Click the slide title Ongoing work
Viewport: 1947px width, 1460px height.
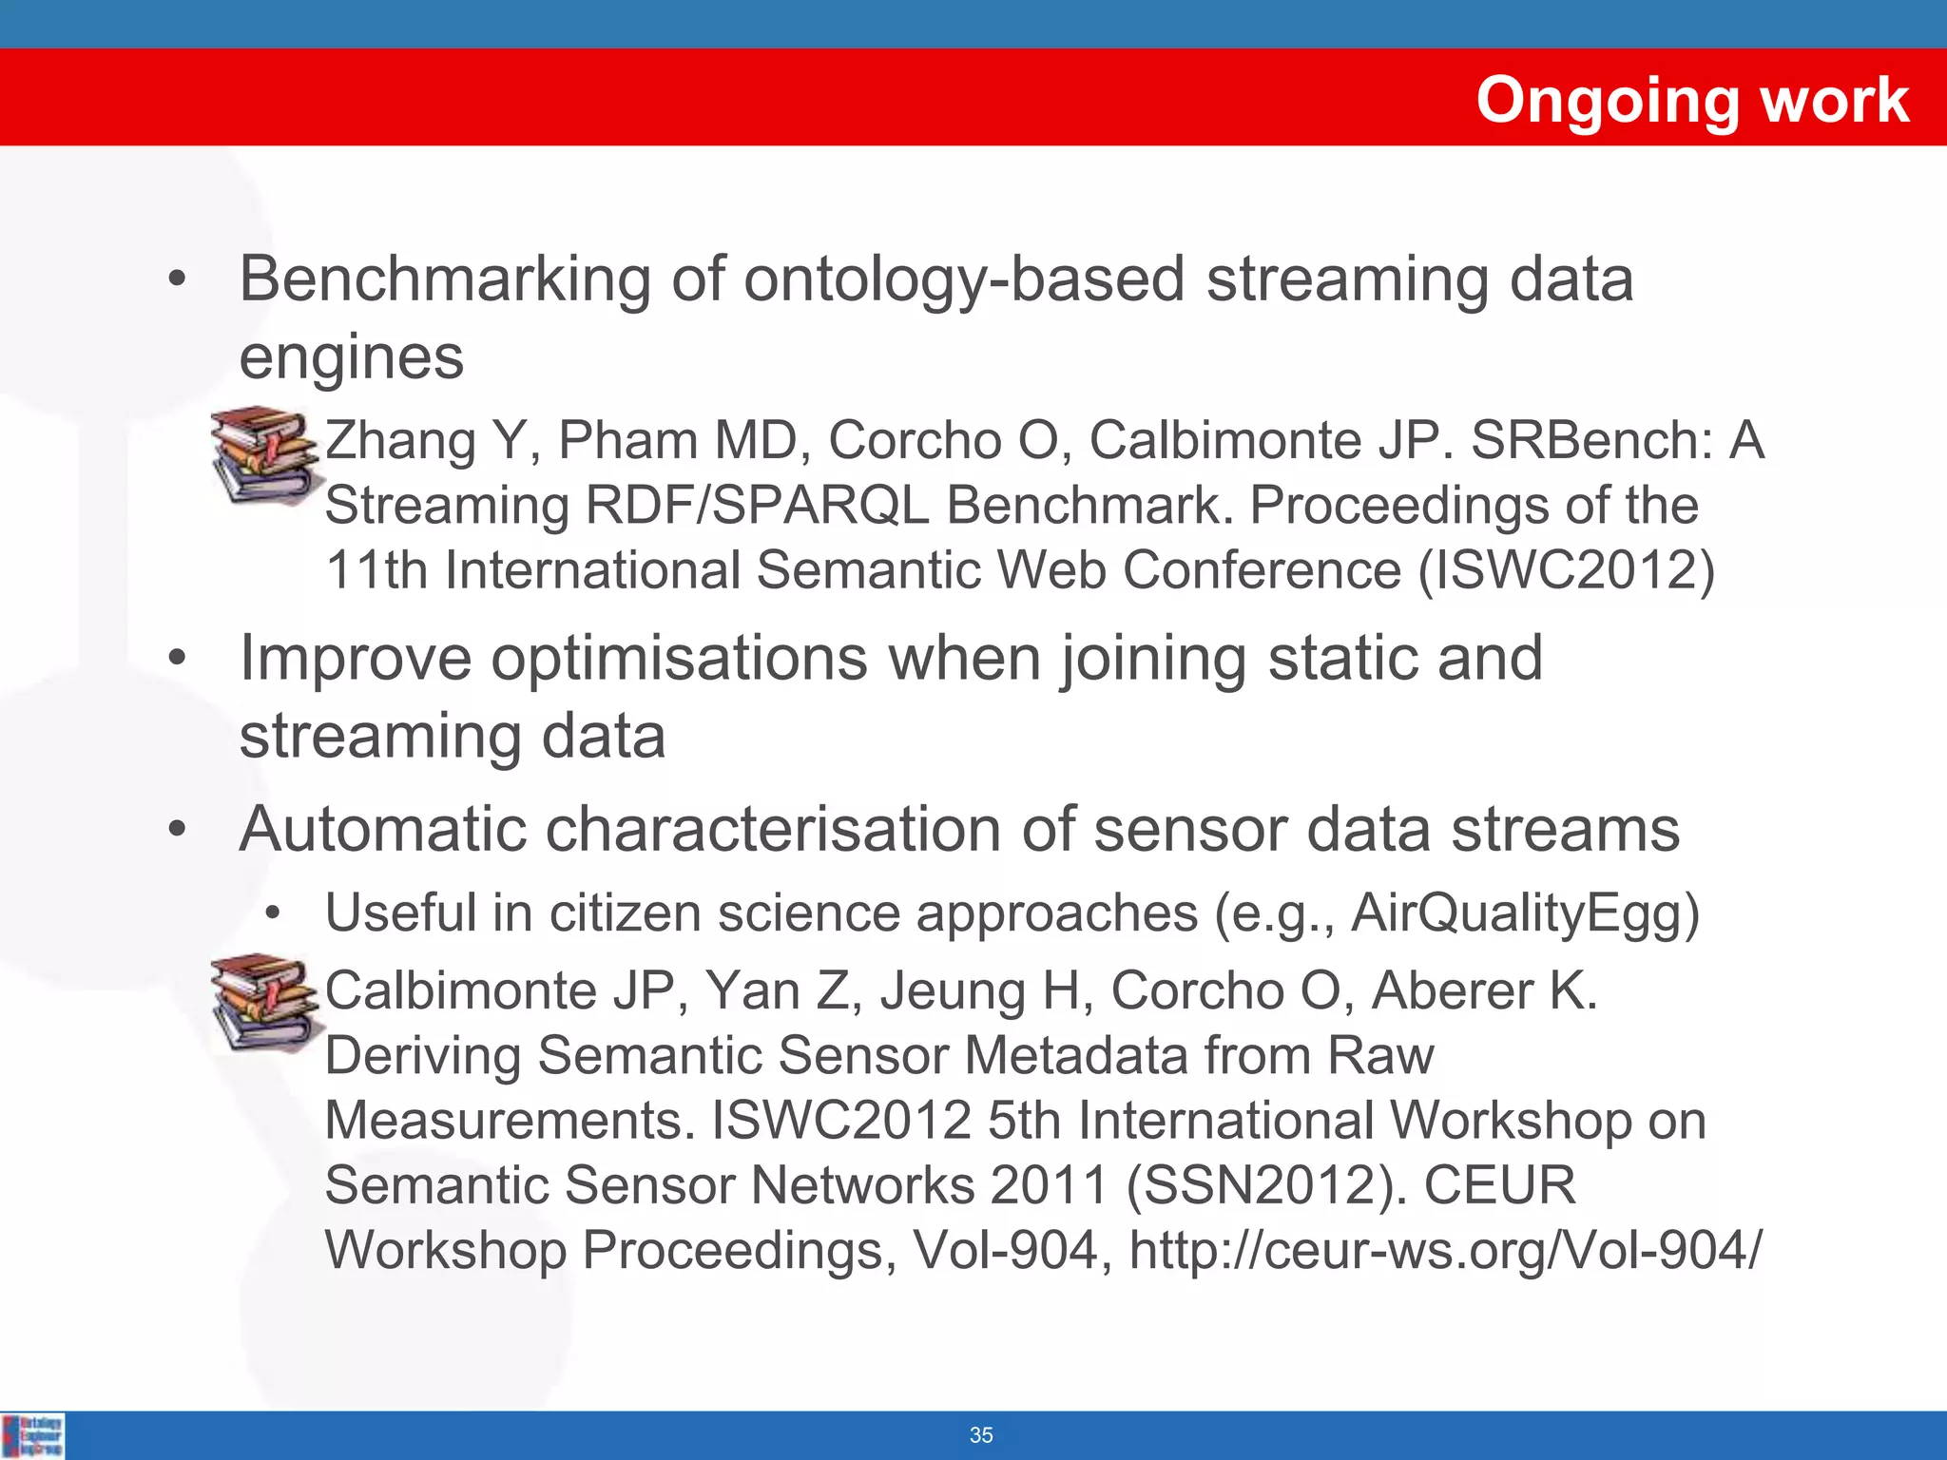tap(1691, 100)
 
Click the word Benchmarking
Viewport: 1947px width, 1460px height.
tap(445, 279)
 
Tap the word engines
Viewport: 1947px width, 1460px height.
tap(351, 357)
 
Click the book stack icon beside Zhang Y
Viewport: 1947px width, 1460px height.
tap(263, 454)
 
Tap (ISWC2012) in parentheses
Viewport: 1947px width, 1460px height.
tap(1567, 570)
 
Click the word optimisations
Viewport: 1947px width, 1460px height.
tap(679, 658)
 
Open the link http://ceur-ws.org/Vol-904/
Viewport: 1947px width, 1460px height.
tap(1445, 1250)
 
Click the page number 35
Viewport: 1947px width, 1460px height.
tap(981, 1435)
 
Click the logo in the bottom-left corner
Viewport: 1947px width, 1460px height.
tap(33, 1435)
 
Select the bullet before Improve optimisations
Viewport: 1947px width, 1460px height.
tap(177, 658)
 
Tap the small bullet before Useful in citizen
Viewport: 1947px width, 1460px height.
tap(274, 913)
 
